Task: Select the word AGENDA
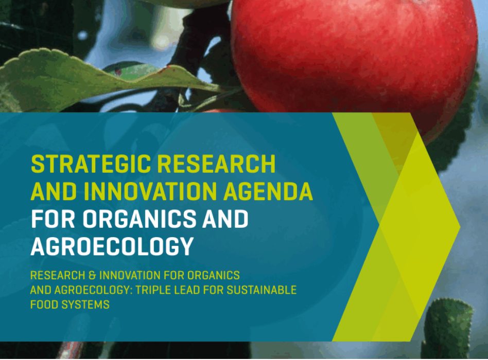pyautogui.click(x=268, y=191)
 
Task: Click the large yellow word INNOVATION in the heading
pyautogui.click(x=150, y=191)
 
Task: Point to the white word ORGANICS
pyautogui.click(x=140, y=219)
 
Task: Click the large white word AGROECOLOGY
pyautogui.click(x=112, y=246)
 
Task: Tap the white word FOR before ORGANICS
pyautogui.click(x=53, y=219)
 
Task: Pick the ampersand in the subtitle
pyautogui.click(x=92, y=276)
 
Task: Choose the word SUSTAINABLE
pyautogui.click(x=262, y=290)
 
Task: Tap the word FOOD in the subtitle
pyautogui.click(x=44, y=304)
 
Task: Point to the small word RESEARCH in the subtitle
pyautogui.click(x=58, y=276)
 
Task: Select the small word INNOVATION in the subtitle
pyautogui.click(x=130, y=276)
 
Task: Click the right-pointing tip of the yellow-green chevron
pyautogui.click(x=460, y=227)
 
